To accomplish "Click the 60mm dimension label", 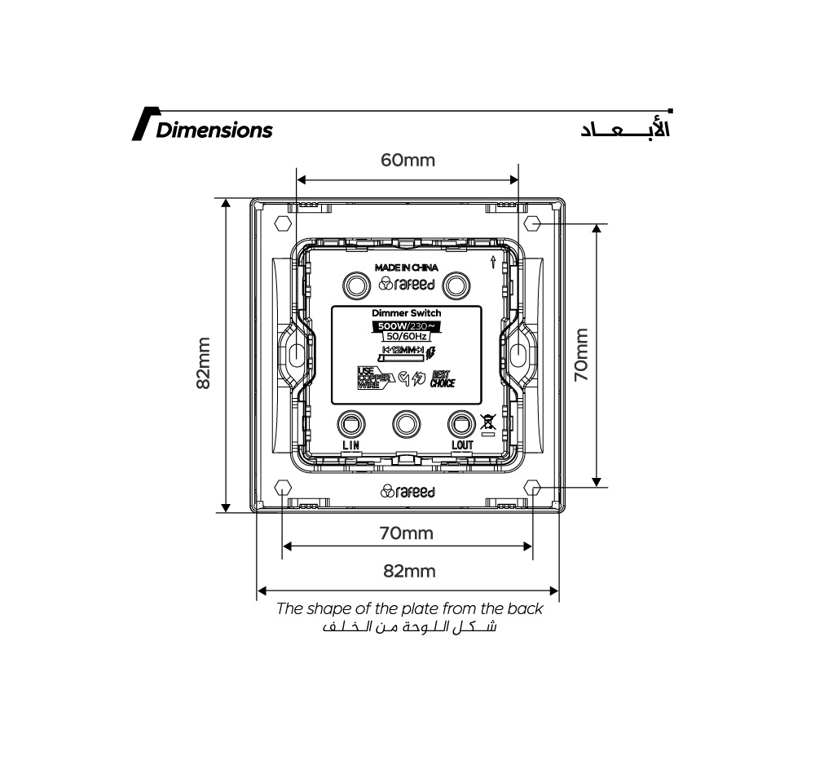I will tap(408, 160).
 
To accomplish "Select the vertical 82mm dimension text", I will tap(204, 364).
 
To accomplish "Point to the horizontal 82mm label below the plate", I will tap(409, 571).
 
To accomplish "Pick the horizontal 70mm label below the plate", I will tap(406, 533).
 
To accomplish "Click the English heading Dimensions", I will tap(214, 130).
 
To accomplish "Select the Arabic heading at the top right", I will tap(625, 130).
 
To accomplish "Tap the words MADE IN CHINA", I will tap(406, 268).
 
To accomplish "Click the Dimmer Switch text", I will tap(406, 313).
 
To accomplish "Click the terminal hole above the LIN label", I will tap(351, 424).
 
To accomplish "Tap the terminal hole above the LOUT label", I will tap(461, 424).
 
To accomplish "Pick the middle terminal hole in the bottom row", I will tap(406, 424).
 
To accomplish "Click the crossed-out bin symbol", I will tap(488, 422).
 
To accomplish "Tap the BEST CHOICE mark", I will tap(443, 378).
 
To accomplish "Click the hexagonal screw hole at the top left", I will tap(283, 223).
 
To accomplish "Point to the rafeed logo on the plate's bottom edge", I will tap(407, 492).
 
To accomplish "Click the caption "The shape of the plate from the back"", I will tap(409, 608).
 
